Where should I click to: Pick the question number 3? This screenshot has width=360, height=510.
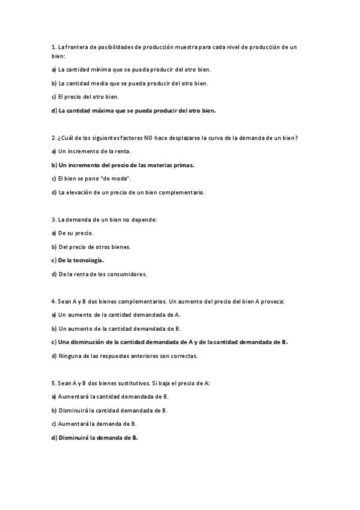pos(53,220)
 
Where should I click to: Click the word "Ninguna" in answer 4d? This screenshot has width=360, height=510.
pos(70,356)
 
